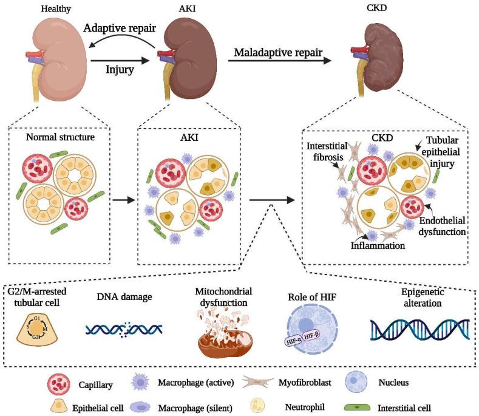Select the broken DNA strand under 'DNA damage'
click(123, 329)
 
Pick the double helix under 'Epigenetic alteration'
click(420, 328)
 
